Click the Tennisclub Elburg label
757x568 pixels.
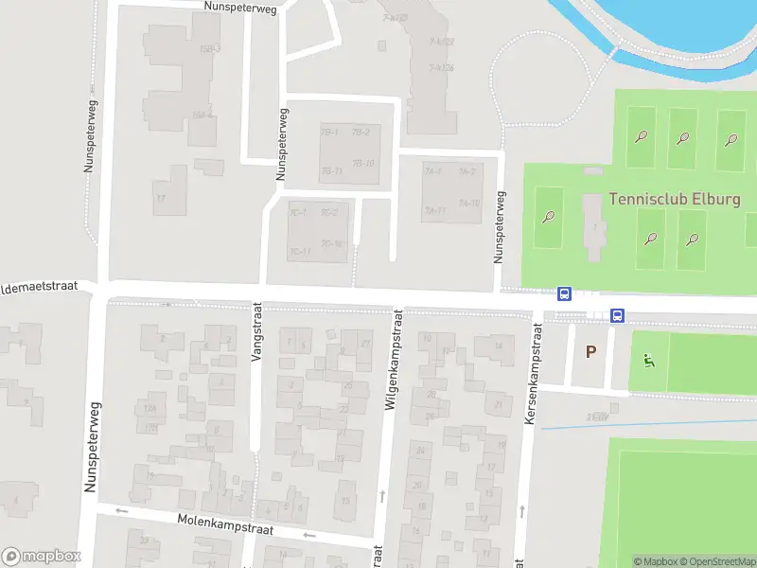pos(675,200)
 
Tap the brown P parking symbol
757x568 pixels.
pos(591,352)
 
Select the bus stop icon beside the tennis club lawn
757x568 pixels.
pos(565,294)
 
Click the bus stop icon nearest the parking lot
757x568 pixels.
pos(618,315)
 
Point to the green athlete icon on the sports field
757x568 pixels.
pos(648,360)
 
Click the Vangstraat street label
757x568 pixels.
pos(255,332)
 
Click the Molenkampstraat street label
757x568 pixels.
pos(225,524)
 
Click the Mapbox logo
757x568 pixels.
pos(42,557)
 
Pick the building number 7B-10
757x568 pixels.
pos(363,164)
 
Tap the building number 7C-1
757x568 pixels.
pos(298,211)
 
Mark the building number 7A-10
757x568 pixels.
pos(468,203)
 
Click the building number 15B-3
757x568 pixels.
pos(210,48)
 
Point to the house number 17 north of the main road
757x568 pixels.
pos(161,198)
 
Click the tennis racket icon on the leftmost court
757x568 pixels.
pos(549,216)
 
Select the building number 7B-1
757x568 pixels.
pos(329,132)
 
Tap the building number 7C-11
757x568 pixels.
pos(300,252)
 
